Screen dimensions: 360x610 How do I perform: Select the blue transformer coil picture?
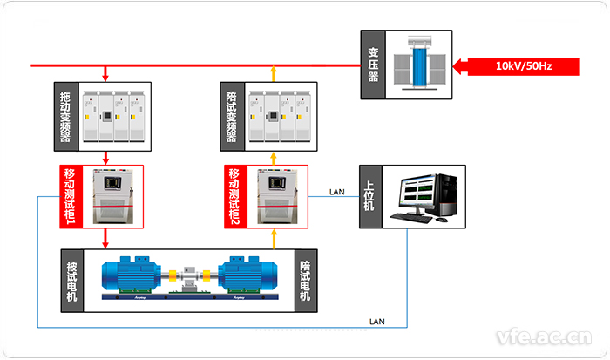[420, 62]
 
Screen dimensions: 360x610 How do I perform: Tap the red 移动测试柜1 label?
[70, 196]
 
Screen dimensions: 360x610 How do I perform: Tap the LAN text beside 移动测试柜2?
[336, 192]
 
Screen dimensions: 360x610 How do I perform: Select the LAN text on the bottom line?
[377, 322]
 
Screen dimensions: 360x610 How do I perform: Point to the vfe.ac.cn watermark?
[543, 336]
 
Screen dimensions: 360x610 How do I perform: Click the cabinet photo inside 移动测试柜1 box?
[113, 196]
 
